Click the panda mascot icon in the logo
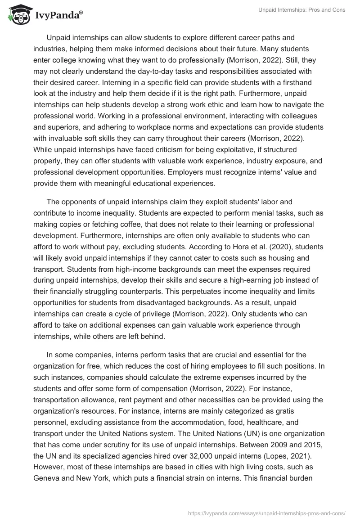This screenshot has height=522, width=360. (18, 16)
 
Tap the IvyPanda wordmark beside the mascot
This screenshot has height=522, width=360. (57, 17)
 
